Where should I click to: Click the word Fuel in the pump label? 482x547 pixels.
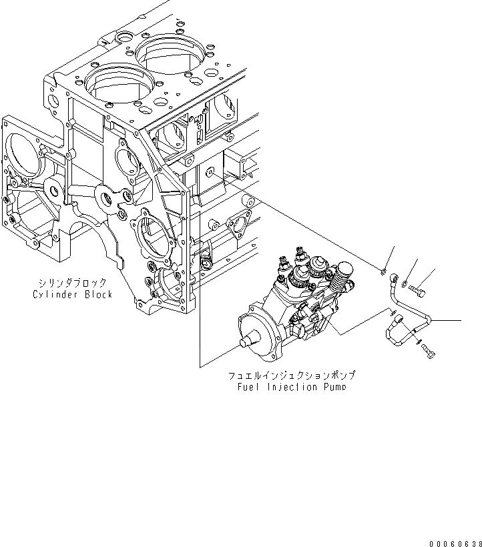[247, 387]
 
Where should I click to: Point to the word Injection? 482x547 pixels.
[292, 387]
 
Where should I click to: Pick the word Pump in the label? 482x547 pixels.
[334, 387]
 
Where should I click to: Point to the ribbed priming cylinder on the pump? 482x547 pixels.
[346, 271]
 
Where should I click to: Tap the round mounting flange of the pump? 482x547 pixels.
[257, 327]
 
